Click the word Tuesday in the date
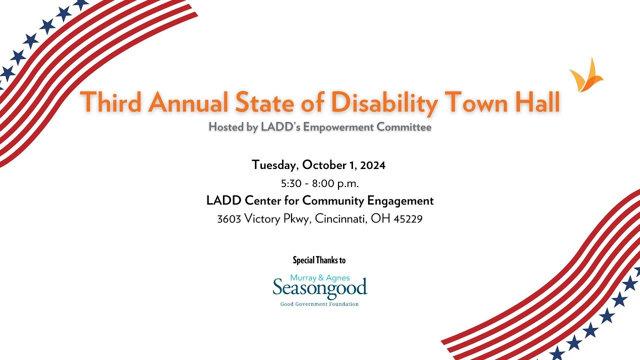click(275, 164)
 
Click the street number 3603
click(229, 219)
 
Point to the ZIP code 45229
click(408, 219)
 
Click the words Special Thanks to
click(319, 260)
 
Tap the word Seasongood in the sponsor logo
click(320, 288)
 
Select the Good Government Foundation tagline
click(319, 304)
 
